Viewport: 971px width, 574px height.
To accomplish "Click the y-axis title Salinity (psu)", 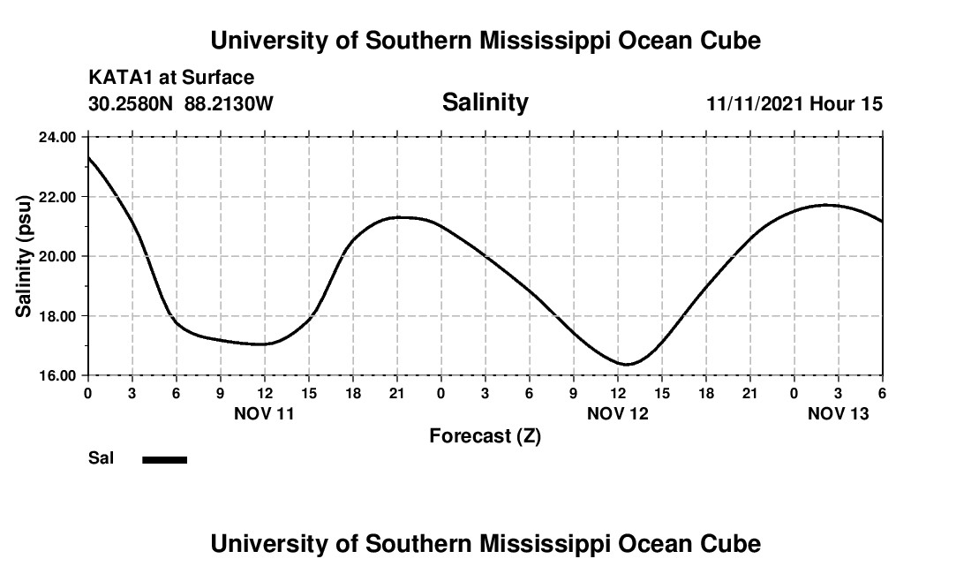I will pyautogui.click(x=24, y=256).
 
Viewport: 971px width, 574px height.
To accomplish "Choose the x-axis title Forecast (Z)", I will pyautogui.click(x=485, y=436).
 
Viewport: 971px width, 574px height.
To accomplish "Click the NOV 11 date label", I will pyautogui.click(x=264, y=413).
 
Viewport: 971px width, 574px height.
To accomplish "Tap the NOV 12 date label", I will pyautogui.click(x=617, y=413).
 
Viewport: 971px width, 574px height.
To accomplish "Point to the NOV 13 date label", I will pyautogui.click(x=838, y=413).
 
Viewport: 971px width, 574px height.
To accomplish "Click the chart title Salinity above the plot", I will pyautogui.click(x=485, y=102).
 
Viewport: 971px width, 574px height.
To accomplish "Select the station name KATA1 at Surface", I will pyautogui.click(x=171, y=79).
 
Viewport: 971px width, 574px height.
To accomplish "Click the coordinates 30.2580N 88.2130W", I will pyautogui.click(x=181, y=104).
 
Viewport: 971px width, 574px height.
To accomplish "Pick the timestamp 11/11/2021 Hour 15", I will pyautogui.click(x=794, y=104).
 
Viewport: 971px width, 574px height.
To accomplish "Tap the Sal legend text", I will pyautogui.click(x=100, y=458).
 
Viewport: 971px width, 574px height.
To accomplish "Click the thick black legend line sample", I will pyautogui.click(x=165, y=459).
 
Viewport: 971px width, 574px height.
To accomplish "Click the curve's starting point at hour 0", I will pyautogui.click(x=88, y=157).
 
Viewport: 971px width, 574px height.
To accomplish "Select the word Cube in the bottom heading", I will pyautogui.click(x=734, y=544).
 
